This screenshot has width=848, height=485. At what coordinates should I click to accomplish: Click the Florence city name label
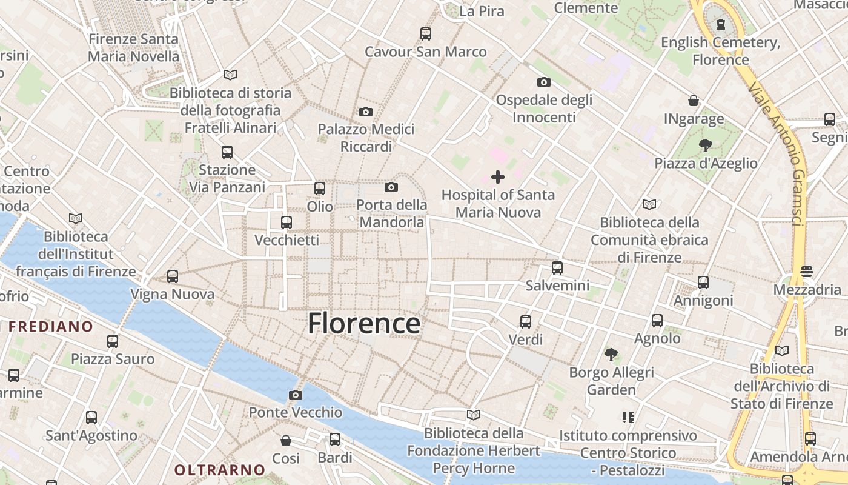point(363,324)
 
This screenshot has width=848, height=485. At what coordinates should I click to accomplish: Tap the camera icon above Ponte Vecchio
point(296,395)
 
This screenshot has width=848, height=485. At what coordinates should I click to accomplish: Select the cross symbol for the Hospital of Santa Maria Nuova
point(498,177)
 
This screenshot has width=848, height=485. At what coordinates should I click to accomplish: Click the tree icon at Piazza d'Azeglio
point(705,145)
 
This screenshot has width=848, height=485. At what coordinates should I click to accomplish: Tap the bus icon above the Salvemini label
point(557,267)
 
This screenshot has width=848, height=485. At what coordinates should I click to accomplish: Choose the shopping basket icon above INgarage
point(694,101)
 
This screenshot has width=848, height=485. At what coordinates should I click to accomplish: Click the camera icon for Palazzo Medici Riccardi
point(366,112)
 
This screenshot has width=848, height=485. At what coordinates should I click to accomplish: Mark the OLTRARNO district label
point(220,470)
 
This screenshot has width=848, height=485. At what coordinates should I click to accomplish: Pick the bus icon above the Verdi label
point(526,322)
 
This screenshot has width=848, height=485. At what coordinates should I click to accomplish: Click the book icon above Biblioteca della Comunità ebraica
point(649,205)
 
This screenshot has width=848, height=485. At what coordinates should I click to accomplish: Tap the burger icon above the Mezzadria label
point(806,272)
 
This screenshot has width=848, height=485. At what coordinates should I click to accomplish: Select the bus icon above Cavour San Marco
point(426,34)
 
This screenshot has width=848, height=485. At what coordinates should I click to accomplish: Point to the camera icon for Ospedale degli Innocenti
point(544,82)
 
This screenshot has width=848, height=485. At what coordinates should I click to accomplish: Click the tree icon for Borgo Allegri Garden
point(611,354)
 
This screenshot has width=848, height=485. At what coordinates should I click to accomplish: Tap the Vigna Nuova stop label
point(173,295)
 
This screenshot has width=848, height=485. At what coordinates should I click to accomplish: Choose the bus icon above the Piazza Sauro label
point(113,341)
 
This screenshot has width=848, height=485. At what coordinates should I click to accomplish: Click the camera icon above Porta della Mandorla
point(391,187)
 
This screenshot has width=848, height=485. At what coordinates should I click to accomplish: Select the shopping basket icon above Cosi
point(285,441)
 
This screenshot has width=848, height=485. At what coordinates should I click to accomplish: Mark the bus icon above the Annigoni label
point(703,283)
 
